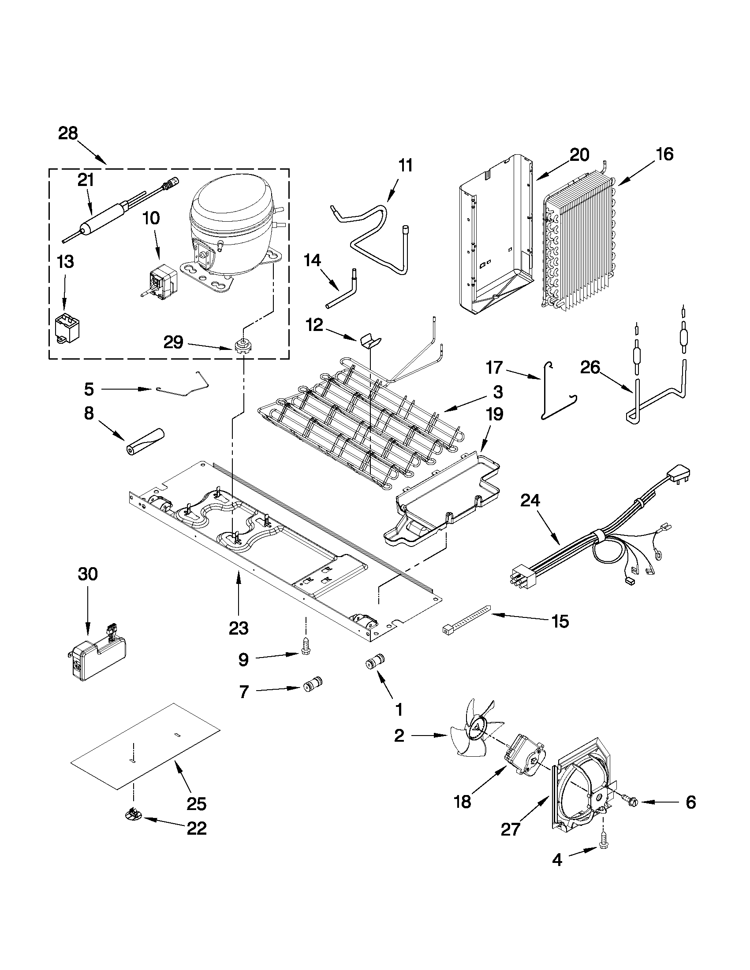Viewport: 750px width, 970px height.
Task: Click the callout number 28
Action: click(68, 133)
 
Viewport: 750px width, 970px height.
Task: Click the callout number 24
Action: click(530, 501)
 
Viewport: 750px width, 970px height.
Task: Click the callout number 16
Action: click(664, 154)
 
